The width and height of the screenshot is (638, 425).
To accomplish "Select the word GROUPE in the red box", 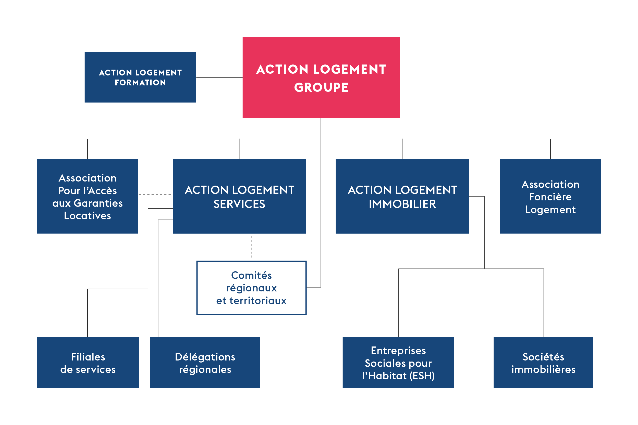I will [321, 87].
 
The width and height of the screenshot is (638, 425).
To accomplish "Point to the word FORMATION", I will [140, 82].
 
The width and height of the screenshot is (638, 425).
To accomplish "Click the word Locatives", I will [87, 216].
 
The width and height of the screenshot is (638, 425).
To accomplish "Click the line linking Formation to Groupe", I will [219, 78].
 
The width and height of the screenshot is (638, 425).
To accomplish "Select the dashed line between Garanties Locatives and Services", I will [155, 194].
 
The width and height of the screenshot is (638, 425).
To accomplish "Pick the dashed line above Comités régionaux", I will [251, 247].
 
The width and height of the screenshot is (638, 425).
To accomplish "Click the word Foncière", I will [550, 197].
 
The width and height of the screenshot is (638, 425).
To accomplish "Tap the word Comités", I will [251, 275].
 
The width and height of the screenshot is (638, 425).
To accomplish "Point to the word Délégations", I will [205, 357].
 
